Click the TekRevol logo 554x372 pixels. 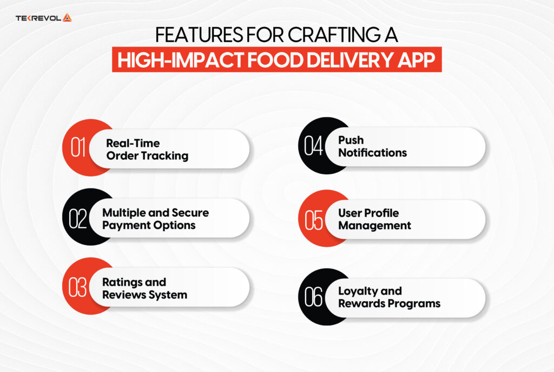point(44,18)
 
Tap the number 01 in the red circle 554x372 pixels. point(79,148)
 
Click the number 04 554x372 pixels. point(313,146)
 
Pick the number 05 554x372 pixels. point(314,219)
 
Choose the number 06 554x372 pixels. point(314,297)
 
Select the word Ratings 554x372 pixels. point(126,282)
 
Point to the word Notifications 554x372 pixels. point(372,153)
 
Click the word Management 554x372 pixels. point(374,225)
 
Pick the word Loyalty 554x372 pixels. point(359,291)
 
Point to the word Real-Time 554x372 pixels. point(133,143)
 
